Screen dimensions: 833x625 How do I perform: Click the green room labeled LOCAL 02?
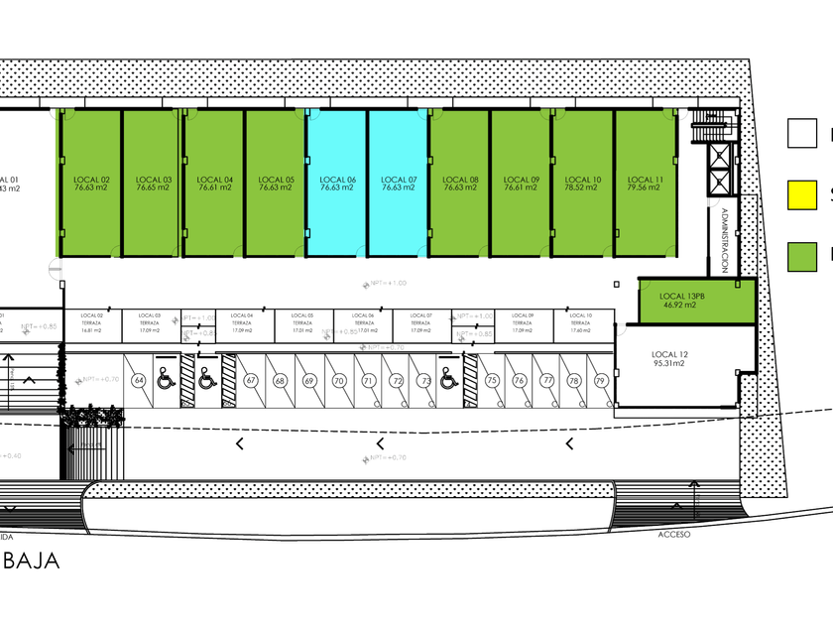[x=91, y=183]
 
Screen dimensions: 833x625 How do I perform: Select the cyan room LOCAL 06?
[x=337, y=183]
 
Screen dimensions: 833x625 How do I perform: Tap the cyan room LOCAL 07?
[x=399, y=183]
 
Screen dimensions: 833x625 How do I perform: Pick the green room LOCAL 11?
[x=645, y=183]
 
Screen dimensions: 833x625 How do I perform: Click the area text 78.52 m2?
[x=583, y=187]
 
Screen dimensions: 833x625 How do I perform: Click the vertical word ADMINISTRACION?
[x=725, y=240]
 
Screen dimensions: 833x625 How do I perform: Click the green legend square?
[x=802, y=257]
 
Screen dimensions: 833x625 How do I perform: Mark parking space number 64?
[x=140, y=381]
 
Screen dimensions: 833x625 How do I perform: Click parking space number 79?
[x=600, y=381]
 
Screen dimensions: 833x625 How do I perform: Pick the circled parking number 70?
[x=338, y=381]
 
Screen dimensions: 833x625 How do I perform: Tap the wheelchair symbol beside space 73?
[x=447, y=378]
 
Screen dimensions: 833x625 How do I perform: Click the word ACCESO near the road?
[x=673, y=534]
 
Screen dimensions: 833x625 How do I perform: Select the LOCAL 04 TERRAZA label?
[x=241, y=322]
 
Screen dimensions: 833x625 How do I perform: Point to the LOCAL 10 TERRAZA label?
[x=580, y=322]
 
